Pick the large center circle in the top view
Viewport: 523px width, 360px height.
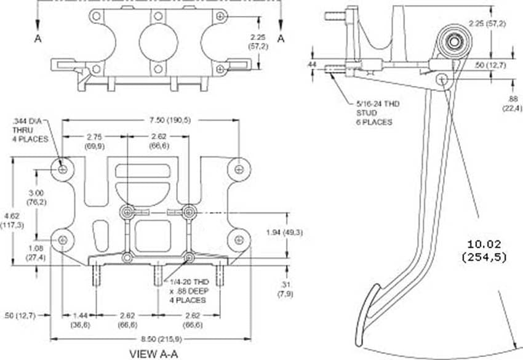[158, 42]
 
